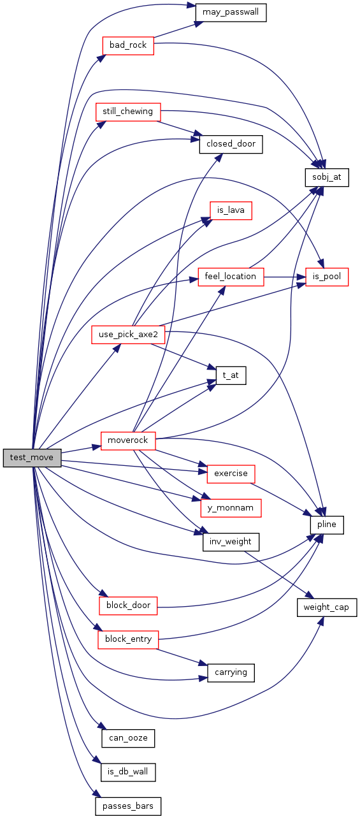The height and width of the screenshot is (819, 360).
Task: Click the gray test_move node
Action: tap(32, 458)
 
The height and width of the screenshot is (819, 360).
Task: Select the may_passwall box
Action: tap(231, 13)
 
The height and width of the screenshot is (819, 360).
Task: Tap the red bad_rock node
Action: tap(128, 46)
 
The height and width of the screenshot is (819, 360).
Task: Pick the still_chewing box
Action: tap(128, 112)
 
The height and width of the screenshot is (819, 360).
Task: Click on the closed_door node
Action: tap(231, 145)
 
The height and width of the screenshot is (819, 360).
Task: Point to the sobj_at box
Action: tap(327, 178)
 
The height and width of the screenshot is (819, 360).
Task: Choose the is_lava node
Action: tap(231, 210)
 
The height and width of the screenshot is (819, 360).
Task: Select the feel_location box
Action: tap(231, 277)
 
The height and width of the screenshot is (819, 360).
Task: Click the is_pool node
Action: tap(327, 277)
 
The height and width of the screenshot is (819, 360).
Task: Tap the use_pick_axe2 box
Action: tap(128, 335)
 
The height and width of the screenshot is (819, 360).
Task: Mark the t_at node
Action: tap(231, 375)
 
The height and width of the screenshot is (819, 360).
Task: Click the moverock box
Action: tap(128, 440)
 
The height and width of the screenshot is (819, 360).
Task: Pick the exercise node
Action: tap(231, 474)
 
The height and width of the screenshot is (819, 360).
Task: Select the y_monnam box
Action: tap(231, 508)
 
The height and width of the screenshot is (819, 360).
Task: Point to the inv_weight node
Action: tap(231, 542)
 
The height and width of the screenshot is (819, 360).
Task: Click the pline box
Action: tap(327, 525)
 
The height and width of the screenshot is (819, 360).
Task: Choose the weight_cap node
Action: tap(327, 607)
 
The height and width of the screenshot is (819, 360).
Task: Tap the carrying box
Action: tap(231, 673)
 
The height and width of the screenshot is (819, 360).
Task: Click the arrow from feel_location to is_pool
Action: tap(284, 277)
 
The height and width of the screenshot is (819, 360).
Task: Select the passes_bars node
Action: tap(128, 806)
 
